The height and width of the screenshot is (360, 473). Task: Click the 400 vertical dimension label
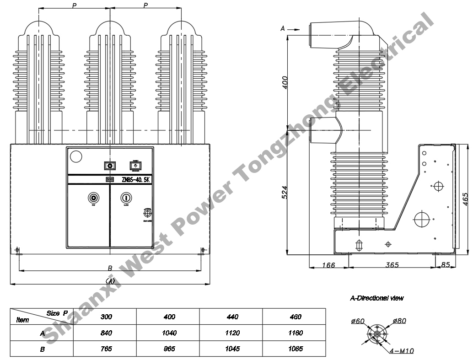[x=285, y=83]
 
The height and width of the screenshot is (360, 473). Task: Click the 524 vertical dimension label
[x=285, y=192]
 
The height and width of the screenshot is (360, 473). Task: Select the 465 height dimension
[x=465, y=199]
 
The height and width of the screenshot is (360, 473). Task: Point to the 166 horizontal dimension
[x=328, y=265]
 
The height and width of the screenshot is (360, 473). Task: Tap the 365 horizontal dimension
[x=392, y=265]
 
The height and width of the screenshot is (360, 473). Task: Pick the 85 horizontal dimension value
[x=445, y=265]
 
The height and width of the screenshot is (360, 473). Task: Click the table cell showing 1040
[x=169, y=333]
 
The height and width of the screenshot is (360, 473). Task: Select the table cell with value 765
[x=106, y=349]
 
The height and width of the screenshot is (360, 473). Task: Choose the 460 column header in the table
[x=295, y=317]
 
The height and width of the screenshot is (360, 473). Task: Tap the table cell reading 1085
[x=295, y=349]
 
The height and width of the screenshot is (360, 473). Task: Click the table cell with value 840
[x=106, y=333]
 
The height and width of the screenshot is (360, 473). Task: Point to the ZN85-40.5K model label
[x=135, y=180]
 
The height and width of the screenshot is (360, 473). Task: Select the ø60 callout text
[x=358, y=321]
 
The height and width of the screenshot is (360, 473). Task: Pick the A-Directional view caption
[x=376, y=298]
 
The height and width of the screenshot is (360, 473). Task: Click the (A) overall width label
[x=110, y=280]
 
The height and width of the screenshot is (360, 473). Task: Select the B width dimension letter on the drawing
[x=110, y=268]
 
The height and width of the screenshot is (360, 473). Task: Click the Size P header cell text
[x=57, y=313]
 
